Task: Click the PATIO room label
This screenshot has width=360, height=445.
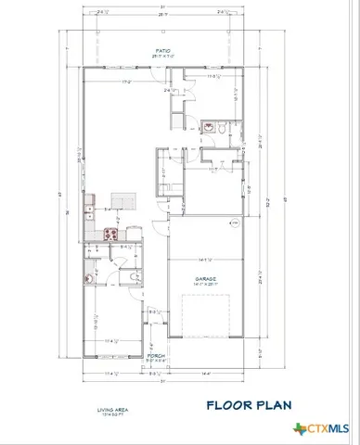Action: point(161,53)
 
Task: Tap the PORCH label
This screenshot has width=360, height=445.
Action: point(155,354)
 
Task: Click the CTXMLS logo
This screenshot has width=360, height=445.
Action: point(319,428)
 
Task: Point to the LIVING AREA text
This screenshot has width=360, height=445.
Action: point(110,410)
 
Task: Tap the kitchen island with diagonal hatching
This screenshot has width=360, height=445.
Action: point(122,200)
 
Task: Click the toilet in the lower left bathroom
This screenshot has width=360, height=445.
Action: point(90,276)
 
